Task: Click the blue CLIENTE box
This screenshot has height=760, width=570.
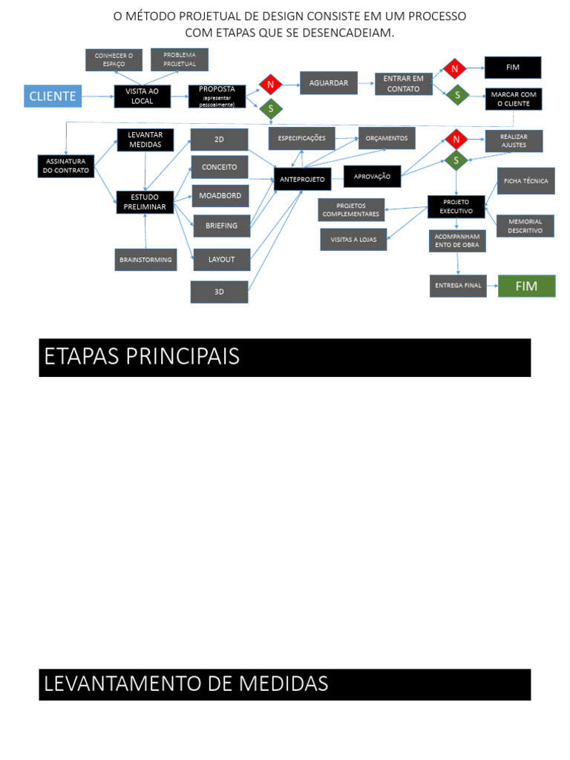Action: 53,96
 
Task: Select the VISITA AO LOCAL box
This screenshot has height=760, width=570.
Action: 142,96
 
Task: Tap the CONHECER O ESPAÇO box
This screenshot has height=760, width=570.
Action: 114,59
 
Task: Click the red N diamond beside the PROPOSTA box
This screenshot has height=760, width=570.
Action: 271,84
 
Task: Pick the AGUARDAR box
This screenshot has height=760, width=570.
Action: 329,83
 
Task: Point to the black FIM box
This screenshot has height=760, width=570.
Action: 513,68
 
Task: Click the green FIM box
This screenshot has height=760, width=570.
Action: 526,286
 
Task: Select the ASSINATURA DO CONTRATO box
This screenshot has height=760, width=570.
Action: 66,166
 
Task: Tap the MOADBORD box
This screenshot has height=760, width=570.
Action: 220,196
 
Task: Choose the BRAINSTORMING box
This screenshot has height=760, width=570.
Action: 145,260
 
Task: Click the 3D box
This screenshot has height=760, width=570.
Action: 219,292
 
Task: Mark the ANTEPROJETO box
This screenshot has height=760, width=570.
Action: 302,180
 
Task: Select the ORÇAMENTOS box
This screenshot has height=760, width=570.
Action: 387,138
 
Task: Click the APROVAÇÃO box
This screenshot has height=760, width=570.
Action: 372,177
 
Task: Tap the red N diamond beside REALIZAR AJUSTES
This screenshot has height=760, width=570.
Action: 456,139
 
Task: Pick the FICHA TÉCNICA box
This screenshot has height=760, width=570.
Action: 526,181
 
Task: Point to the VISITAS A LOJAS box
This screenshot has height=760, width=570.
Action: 353,240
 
